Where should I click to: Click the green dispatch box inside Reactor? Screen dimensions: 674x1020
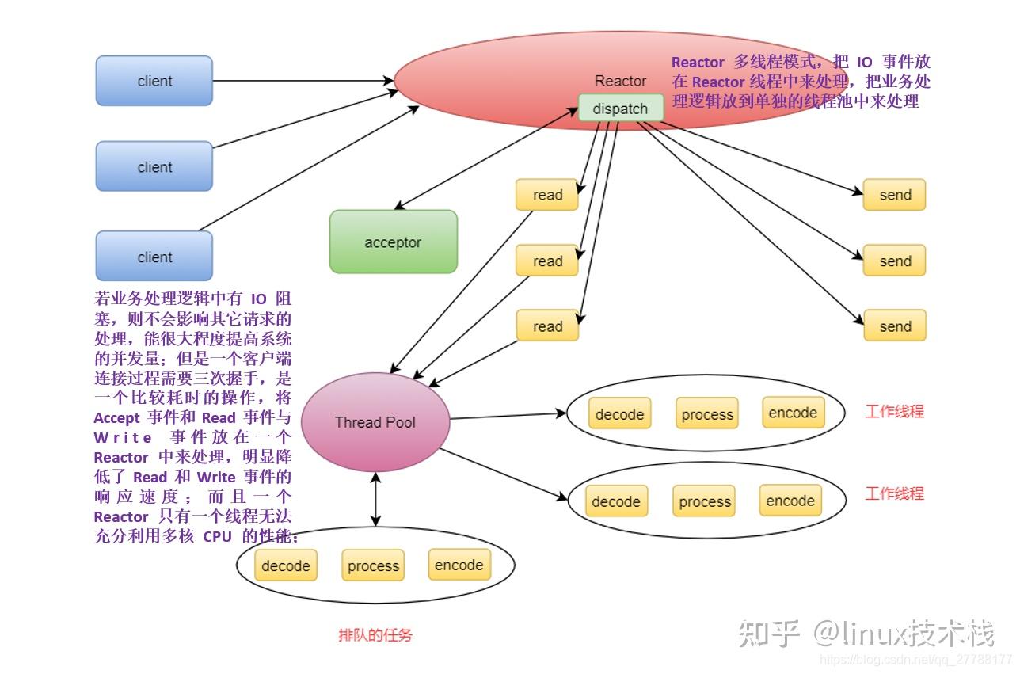point(620,109)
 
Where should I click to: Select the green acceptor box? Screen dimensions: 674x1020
point(393,242)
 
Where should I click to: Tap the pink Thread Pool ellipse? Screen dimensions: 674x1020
point(375,422)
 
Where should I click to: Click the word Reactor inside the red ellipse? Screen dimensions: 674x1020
point(620,81)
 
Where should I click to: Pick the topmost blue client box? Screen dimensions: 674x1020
point(154,81)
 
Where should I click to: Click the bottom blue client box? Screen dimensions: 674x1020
point(154,257)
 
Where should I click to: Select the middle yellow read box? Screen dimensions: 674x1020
point(547,261)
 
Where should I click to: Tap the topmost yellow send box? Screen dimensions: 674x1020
point(895,195)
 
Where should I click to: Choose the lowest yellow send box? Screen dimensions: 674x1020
point(895,326)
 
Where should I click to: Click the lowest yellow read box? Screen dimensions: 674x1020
point(547,326)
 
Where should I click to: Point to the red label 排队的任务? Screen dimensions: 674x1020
point(375,635)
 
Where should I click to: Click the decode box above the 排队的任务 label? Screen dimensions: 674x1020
point(285,565)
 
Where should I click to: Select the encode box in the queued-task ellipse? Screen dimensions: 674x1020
point(459,565)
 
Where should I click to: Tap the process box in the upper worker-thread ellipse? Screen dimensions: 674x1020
point(706,414)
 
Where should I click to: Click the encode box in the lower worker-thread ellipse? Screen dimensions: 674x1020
point(790,501)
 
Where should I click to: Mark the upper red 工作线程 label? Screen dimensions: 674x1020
point(894,411)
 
